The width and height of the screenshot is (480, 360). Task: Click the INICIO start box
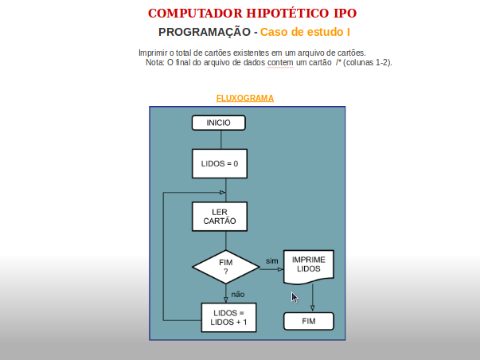click(219, 123)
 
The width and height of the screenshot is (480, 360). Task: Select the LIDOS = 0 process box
click(220, 163)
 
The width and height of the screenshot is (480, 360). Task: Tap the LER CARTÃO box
click(220, 217)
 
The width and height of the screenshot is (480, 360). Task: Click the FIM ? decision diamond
click(225, 267)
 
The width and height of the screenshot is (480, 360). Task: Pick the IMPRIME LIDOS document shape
click(309, 267)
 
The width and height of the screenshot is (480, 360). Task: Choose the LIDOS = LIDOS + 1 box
click(228, 318)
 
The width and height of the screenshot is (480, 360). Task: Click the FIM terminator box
click(309, 321)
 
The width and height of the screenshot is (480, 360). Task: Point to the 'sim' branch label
click(271, 261)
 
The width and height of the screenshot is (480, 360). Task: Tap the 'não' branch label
click(238, 295)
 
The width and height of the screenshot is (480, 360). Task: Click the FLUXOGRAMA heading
click(245, 98)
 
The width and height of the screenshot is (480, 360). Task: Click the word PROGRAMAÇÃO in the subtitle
click(205, 32)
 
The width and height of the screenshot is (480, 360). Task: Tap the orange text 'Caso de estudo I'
click(305, 32)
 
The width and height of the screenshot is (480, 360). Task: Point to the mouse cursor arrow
click(295, 298)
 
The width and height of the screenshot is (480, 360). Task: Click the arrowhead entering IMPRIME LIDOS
click(281, 270)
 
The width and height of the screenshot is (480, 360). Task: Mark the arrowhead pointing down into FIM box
click(312, 308)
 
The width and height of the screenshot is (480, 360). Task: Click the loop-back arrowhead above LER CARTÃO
click(223, 193)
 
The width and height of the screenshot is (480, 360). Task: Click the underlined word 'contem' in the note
click(280, 62)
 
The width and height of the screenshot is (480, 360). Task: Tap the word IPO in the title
click(345, 14)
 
